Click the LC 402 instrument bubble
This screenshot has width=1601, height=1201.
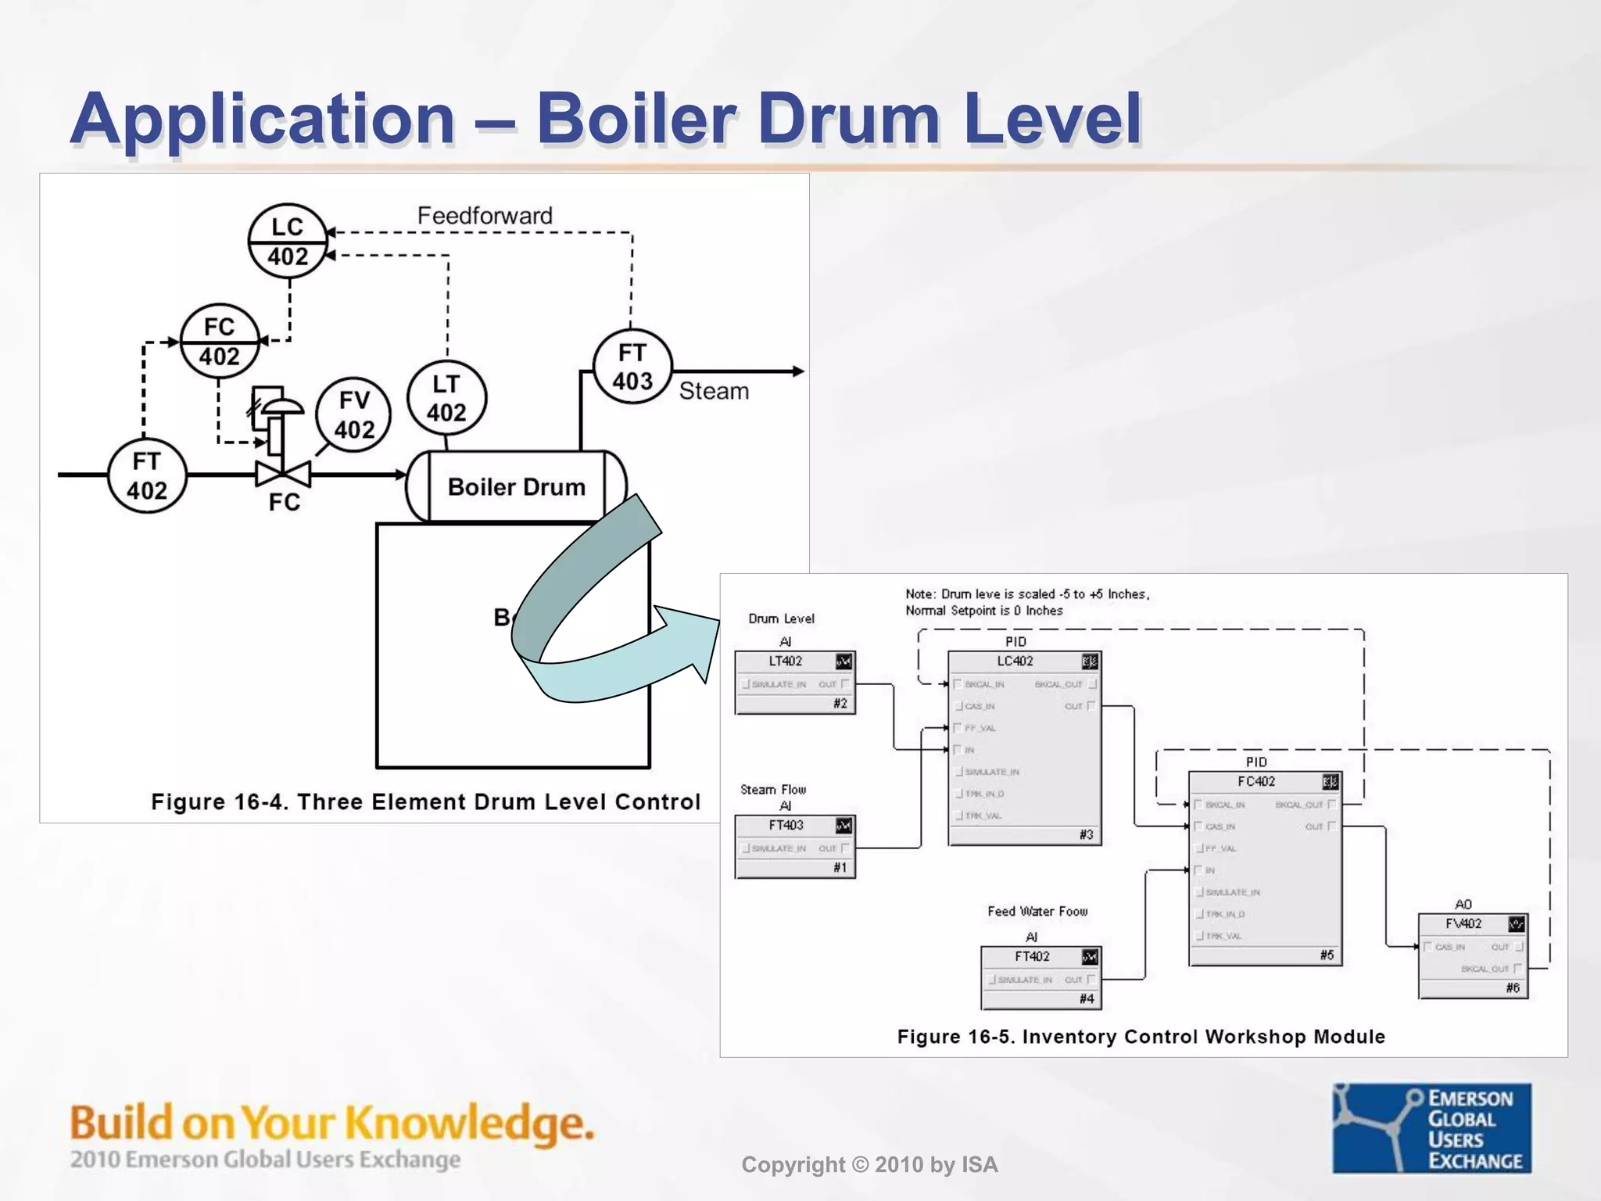tap(288, 241)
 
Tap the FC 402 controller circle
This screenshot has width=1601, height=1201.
tap(220, 341)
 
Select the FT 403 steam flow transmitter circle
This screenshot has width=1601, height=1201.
tap(632, 366)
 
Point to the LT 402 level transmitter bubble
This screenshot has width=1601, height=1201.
tap(446, 398)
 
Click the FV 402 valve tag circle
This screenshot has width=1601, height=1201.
tap(354, 414)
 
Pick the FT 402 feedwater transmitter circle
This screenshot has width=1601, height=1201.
tap(147, 475)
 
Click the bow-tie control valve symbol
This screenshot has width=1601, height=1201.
tap(283, 473)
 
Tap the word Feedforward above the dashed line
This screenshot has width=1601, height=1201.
tap(485, 216)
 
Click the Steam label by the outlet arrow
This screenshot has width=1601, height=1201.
tap(714, 391)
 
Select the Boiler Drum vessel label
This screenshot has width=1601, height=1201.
tap(516, 487)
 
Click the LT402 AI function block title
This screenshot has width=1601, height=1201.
tap(786, 661)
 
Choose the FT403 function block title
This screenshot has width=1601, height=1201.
tap(786, 826)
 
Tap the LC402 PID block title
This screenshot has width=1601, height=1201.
tap(1015, 661)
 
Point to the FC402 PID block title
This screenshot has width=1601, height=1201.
tap(1255, 782)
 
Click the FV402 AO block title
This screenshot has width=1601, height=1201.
tap(1463, 924)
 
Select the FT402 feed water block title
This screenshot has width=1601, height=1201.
tap(1032, 957)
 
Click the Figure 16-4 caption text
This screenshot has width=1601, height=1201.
tap(425, 802)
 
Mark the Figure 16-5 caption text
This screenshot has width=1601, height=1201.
tap(1141, 1037)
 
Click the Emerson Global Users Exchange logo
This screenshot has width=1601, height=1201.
tap(1431, 1128)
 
